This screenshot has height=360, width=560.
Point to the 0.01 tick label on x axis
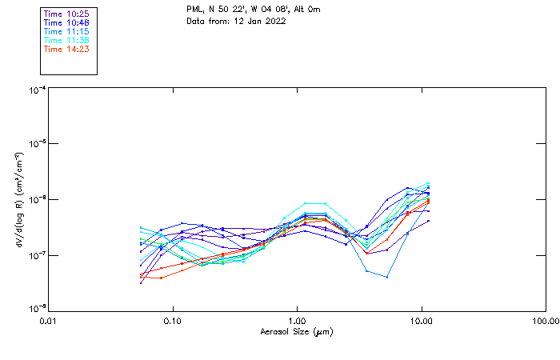tap(49, 321)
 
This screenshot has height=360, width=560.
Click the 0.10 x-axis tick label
tap(173, 321)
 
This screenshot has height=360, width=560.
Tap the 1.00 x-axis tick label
tap(297, 321)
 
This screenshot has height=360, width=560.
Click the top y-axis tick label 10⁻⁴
tap(36, 90)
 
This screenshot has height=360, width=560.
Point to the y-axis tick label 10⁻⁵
tap(36, 145)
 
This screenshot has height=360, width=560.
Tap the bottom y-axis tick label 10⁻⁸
tap(36, 308)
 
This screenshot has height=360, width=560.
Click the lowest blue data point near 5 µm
tap(387, 277)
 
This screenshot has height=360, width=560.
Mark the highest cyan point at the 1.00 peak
tap(306, 203)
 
